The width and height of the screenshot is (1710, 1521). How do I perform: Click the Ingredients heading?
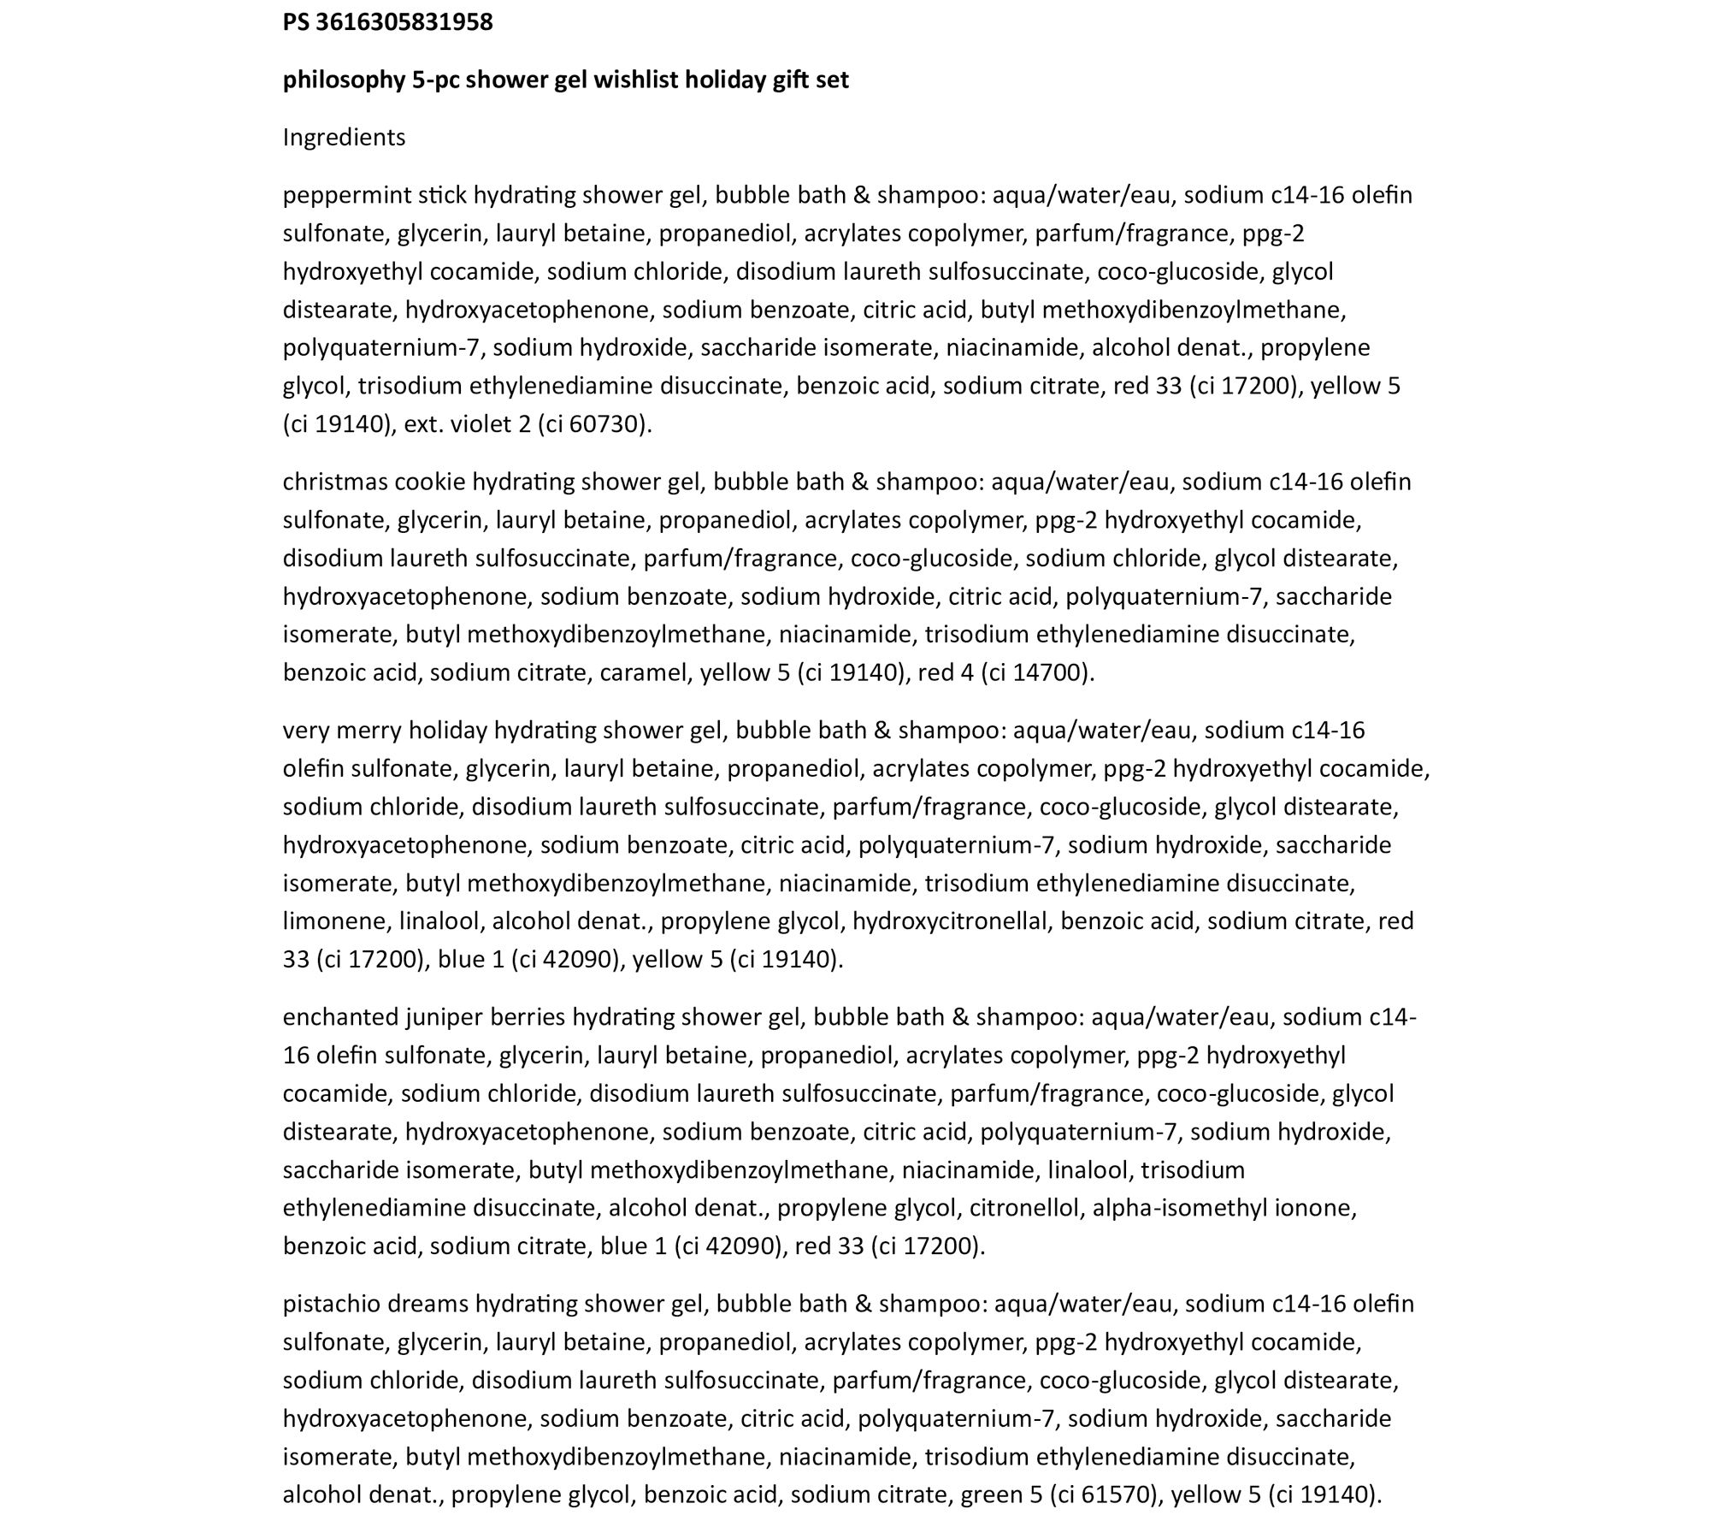344,138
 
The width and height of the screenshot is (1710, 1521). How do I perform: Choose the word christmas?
335,482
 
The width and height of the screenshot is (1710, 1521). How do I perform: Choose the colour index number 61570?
1116,1494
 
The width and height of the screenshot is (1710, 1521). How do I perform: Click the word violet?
480,425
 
